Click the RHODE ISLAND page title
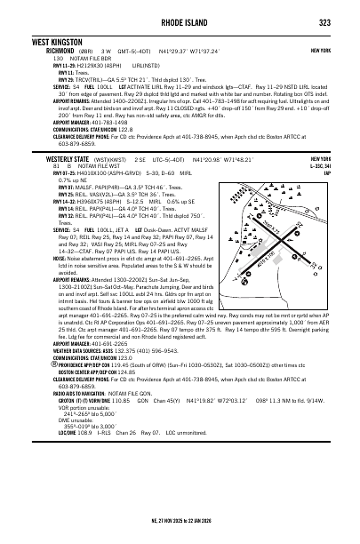click(x=180, y=22)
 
